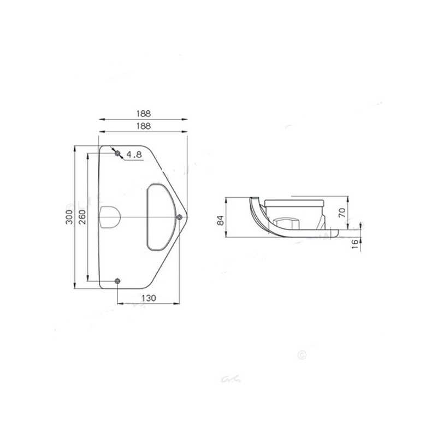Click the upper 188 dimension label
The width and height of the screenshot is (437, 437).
(x=143, y=113)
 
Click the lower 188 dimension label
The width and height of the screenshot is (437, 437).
(x=143, y=126)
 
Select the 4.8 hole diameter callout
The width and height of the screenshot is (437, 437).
(x=134, y=155)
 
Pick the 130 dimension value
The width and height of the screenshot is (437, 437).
(x=149, y=298)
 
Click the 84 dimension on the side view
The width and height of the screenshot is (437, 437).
(x=220, y=220)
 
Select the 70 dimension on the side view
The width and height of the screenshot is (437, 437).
(x=342, y=212)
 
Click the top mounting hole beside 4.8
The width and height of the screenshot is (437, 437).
(x=117, y=153)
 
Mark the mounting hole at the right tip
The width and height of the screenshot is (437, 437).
(x=180, y=217)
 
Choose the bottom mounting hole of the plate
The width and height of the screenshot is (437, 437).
(x=117, y=281)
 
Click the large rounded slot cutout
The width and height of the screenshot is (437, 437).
(x=160, y=217)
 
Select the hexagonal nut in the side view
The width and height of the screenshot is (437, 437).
(x=285, y=222)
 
